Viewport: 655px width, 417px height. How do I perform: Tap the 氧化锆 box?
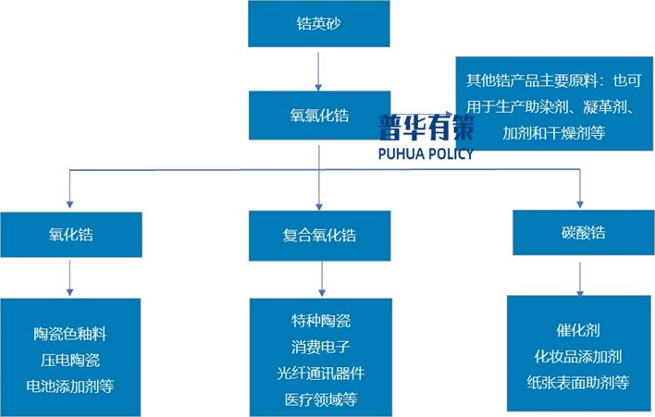[71, 235]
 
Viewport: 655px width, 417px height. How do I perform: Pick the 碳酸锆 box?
[579, 232]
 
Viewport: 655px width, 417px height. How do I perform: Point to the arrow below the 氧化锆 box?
[71, 277]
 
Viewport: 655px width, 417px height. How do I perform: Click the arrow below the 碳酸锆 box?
[579, 275]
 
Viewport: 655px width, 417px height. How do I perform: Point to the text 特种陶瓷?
[321, 321]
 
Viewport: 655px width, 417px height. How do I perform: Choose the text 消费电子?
[321, 347]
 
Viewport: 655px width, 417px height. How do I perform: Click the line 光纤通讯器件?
[321, 374]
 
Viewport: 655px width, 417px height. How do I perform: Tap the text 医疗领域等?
[321, 399]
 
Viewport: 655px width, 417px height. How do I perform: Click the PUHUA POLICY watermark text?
[426, 153]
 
